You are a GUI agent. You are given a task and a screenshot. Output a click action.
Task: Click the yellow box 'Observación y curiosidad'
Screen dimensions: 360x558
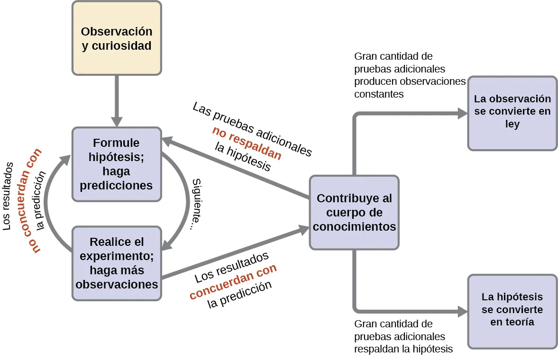tap(117, 38)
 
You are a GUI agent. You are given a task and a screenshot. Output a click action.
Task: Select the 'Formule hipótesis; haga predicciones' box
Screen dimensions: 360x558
tap(117, 164)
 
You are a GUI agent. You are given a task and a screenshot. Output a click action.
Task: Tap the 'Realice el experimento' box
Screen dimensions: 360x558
tap(117, 263)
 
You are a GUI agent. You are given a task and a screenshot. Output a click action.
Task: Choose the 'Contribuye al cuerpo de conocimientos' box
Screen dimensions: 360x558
tap(354, 212)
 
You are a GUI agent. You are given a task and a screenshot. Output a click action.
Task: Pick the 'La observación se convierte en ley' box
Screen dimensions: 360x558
tap(512, 113)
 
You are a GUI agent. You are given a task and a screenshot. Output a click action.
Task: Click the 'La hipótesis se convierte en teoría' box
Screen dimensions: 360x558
tap(512, 311)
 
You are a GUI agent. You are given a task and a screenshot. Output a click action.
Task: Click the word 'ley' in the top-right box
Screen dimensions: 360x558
tap(512, 124)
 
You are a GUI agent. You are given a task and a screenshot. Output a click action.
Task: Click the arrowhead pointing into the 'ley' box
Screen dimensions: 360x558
tap(462, 113)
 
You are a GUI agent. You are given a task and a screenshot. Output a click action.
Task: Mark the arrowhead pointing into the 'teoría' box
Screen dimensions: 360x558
tap(462, 311)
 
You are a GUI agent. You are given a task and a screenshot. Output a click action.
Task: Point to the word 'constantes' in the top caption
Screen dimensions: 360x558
tap(379, 94)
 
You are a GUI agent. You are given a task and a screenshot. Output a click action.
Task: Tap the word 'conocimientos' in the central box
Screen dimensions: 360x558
tap(354, 227)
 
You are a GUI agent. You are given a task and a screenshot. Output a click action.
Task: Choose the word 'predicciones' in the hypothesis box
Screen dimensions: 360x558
tap(116, 185)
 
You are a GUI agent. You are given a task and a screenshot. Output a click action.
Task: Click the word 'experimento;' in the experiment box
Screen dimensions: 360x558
tap(116, 256)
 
